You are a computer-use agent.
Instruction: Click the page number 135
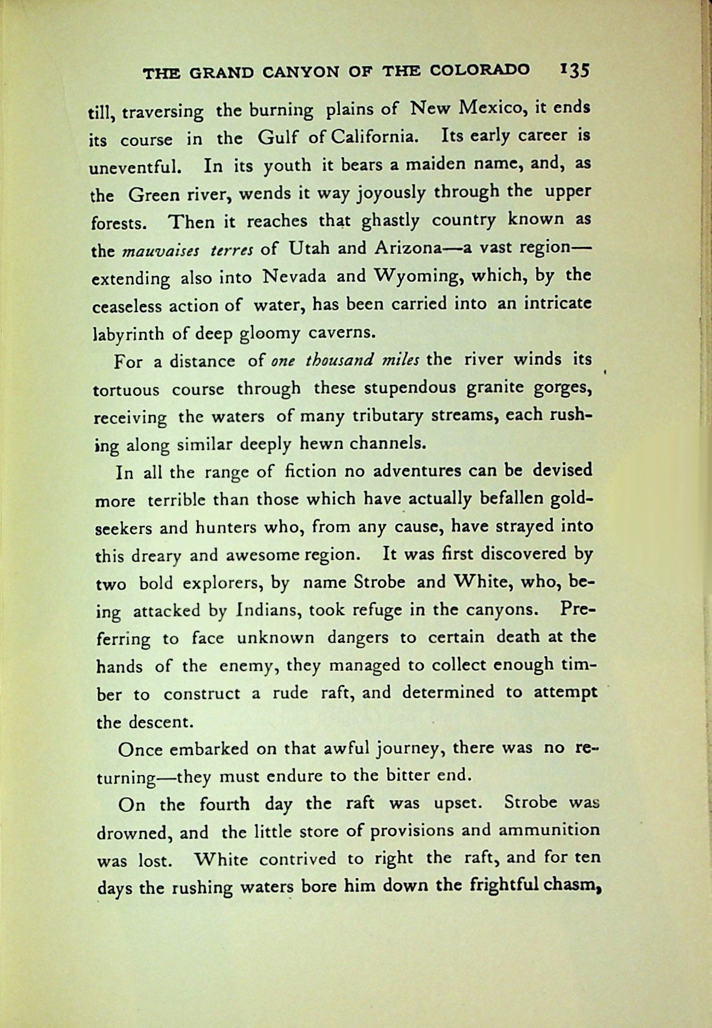(573, 70)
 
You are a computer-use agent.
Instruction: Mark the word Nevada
(295, 277)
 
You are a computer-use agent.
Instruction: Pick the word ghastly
(390, 221)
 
